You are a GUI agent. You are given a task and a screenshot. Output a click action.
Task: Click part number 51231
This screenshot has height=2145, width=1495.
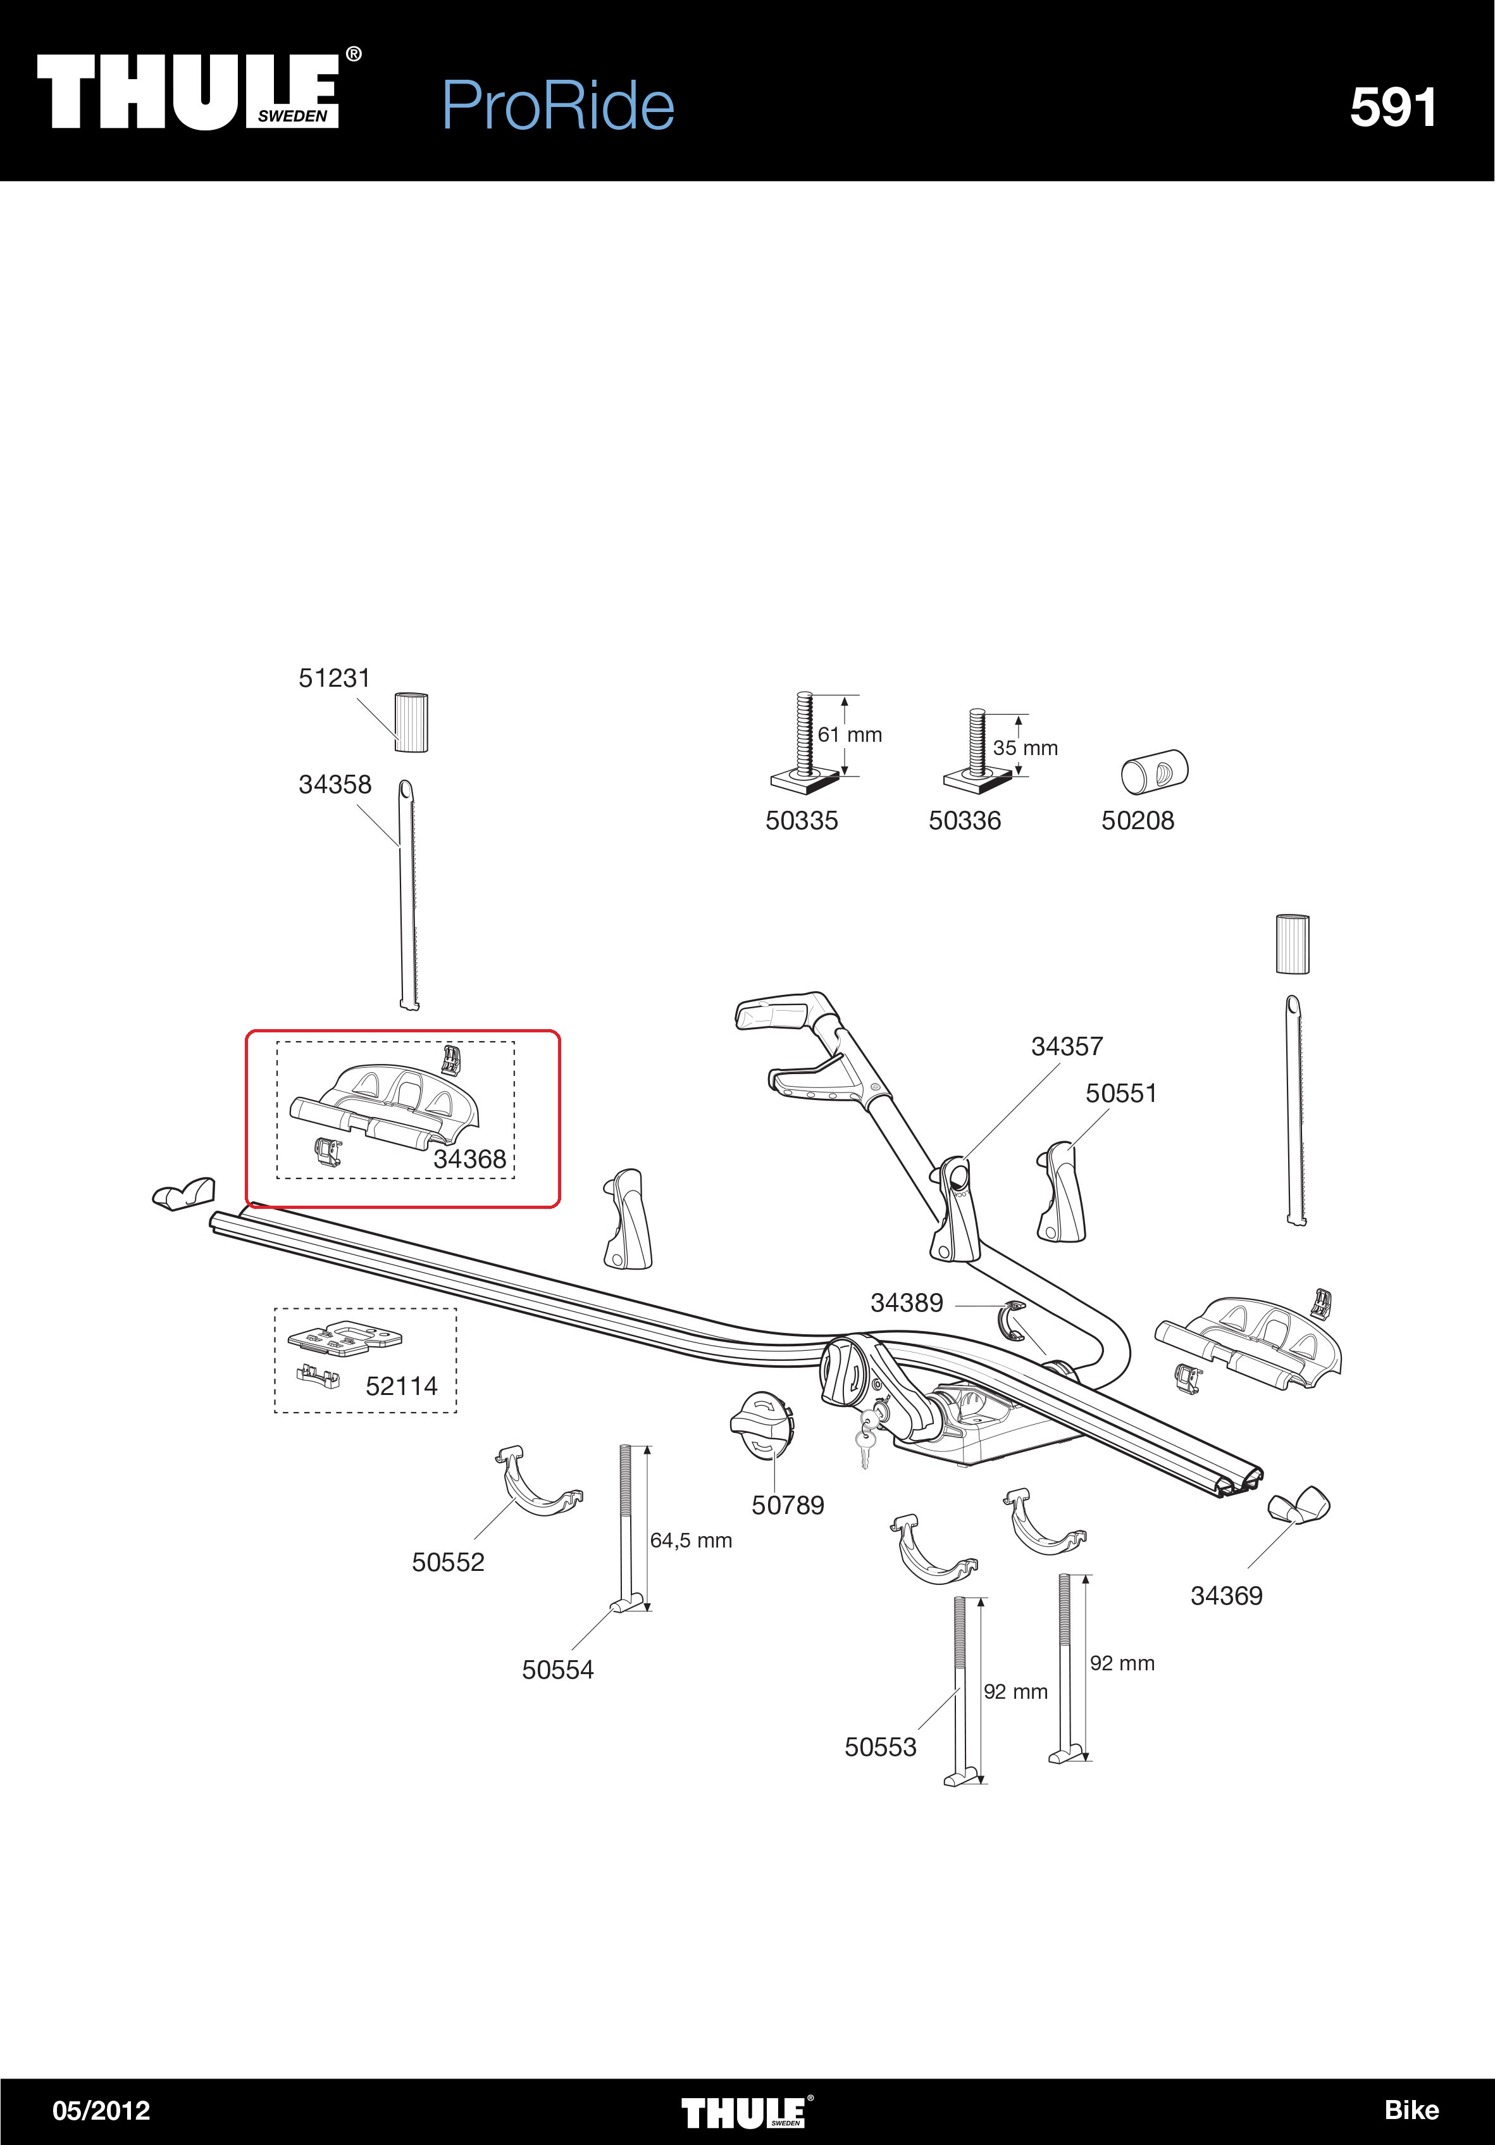334,679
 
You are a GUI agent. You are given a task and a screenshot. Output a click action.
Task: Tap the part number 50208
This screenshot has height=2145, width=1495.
1138,820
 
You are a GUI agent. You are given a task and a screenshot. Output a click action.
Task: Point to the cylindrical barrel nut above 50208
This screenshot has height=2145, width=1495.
1154,772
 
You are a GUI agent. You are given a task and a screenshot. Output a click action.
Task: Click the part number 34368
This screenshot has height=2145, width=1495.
469,1160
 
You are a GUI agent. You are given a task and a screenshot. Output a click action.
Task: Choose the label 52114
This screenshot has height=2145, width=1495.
402,1386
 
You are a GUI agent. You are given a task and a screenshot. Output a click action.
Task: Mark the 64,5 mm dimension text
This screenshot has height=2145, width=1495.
691,1541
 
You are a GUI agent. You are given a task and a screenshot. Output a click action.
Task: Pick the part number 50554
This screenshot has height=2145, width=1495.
557,1670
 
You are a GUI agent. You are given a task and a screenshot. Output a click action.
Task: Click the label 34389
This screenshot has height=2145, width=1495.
907,1303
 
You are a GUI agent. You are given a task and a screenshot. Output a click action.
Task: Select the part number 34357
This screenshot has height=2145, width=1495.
1067,1046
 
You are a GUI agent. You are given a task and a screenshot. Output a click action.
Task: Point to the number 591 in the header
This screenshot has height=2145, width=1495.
1393,108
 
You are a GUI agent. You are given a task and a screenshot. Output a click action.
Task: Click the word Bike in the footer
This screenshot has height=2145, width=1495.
1411,2110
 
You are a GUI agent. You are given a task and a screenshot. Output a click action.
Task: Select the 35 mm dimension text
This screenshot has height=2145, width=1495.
1026,748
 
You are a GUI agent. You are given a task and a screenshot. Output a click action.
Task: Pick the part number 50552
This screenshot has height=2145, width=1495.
448,1562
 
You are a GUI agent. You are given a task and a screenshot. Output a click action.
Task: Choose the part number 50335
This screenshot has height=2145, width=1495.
801,820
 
